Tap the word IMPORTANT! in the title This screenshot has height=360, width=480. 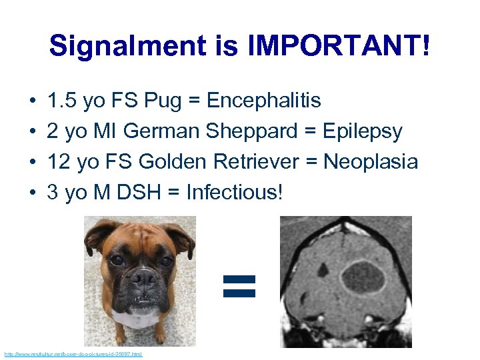[x=339, y=46]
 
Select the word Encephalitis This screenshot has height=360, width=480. [x=264, y=101]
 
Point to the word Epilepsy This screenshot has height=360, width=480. [x=363, y=131]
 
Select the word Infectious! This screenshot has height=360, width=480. [x=235, y=193]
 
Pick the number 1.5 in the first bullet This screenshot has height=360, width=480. [x=61, y=101]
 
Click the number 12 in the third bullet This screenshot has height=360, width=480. [x=56, y=162]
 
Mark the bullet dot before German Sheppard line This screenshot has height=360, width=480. [x=33, y=132]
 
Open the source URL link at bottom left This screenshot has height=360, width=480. [x=73, y=354]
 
